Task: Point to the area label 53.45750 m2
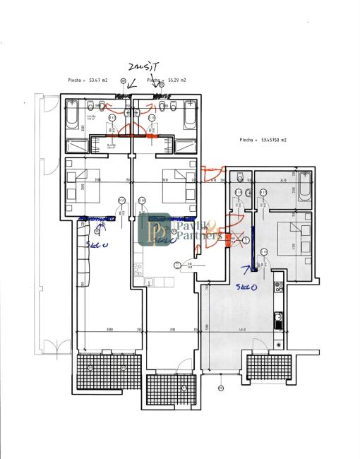[264, 141]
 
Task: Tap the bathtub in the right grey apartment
[304, 190]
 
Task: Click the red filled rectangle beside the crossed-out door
[227, 237]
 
